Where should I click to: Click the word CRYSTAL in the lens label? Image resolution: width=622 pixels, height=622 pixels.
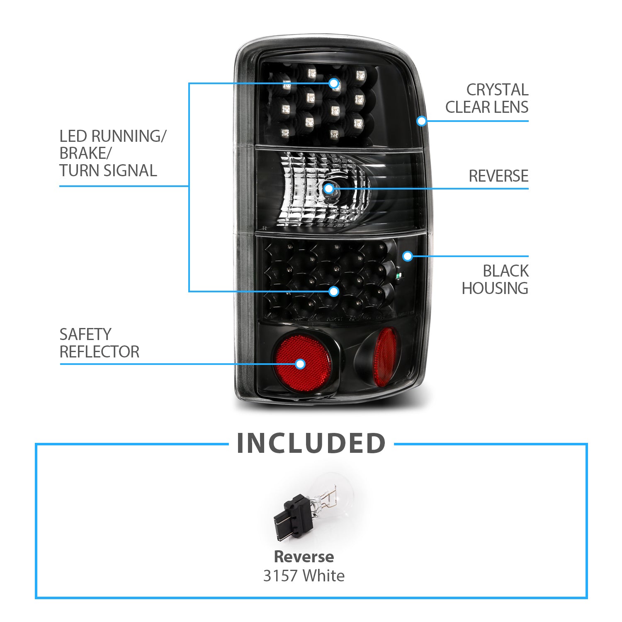click(497, 90)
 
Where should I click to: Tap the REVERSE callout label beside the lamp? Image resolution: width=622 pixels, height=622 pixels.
click(498, 176)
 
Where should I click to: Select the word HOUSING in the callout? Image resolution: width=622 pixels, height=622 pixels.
click(495, 288)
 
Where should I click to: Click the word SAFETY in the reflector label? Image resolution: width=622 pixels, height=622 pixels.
click(85, 334)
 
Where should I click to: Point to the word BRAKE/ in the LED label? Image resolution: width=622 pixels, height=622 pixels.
click(85, 153)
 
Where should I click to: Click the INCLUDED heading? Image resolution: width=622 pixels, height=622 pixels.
click(311, 443)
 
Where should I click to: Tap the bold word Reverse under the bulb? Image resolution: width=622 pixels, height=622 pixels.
click(304, 556)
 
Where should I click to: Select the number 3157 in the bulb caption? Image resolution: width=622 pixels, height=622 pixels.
click(281, 576)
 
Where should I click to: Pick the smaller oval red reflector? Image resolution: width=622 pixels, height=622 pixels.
click(385, 357)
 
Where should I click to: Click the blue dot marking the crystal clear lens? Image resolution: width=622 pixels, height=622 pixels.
click(422, 121)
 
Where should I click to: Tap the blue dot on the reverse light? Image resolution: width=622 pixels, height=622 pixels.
click(328, 189)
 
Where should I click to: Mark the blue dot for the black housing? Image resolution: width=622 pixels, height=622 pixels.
click(408, 256)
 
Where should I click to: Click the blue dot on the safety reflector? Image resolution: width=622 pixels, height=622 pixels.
click(300, 364)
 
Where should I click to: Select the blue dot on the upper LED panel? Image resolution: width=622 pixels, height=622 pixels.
click(333, 83)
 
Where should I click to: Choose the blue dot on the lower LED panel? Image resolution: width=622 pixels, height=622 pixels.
click(334, 292)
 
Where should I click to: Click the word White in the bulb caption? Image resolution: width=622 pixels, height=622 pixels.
click(323, 576)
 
